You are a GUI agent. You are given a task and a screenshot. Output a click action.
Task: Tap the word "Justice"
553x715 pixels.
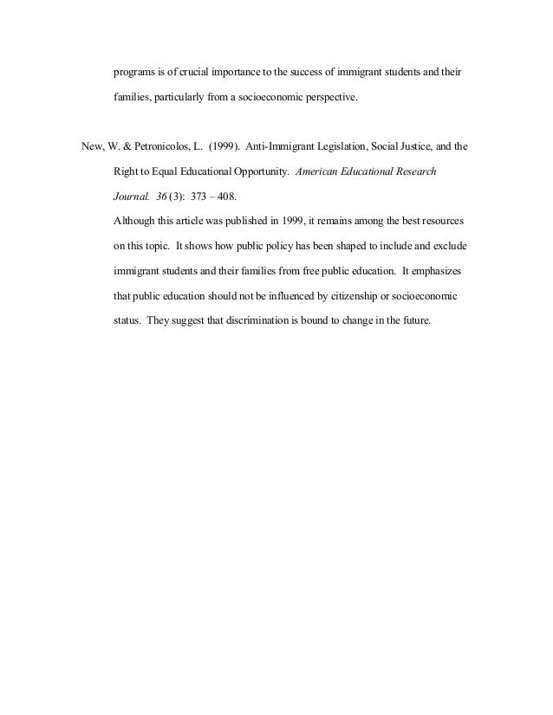430,147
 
